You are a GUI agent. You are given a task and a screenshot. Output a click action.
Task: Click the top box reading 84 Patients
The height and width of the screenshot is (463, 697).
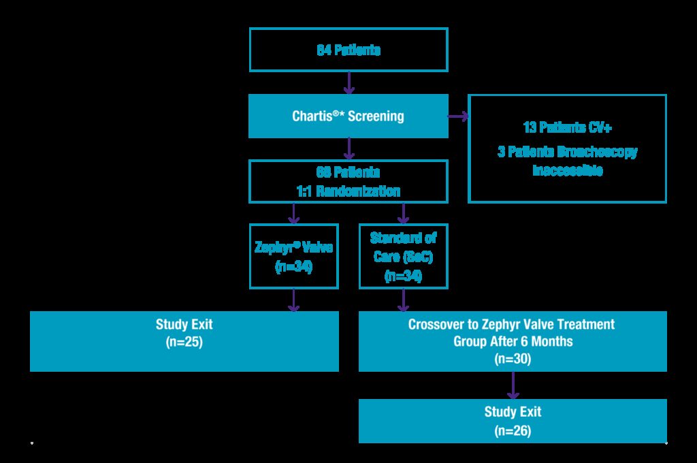tap(348, 50)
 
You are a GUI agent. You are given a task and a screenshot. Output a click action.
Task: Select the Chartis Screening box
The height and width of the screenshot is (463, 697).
tap(348, 116)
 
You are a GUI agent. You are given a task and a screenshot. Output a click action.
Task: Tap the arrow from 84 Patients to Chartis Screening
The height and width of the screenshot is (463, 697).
tap(348, 83)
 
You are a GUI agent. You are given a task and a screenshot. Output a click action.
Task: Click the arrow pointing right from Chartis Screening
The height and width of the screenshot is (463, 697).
tap(459, 116)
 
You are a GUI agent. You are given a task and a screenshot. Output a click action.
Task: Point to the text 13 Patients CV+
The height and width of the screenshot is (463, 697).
tap(567, 127)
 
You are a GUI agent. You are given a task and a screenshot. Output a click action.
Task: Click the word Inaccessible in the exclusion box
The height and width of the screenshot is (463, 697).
tap(567, 170)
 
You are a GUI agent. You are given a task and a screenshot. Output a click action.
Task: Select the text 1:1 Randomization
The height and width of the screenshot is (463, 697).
tap(348, 191)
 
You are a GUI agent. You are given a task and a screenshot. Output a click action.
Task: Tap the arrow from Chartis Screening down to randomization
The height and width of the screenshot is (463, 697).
tap(348, 148)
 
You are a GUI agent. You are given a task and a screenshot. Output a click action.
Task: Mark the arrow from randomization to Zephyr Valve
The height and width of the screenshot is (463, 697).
tap(294, 214)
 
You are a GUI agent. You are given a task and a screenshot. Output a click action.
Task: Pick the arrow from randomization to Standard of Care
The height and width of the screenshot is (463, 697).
tap(403, 214)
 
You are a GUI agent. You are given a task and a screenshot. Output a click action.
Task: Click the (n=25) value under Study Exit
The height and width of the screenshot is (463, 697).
tap(184, 342)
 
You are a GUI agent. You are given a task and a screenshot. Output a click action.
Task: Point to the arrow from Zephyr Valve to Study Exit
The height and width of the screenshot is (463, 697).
tap(294, 300)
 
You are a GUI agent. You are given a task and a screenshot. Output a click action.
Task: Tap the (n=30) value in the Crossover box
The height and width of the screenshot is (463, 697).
tap(513, 358)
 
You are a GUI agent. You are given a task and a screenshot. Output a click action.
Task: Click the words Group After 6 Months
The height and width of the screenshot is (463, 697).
tap(513, 341)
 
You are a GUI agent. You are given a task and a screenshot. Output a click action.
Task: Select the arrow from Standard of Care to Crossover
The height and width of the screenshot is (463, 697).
tap(403, 300)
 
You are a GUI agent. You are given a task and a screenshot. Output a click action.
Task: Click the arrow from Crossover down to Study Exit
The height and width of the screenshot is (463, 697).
tap(513, 385)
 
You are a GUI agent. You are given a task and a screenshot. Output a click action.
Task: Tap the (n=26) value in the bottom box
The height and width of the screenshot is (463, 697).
tap(513, 430)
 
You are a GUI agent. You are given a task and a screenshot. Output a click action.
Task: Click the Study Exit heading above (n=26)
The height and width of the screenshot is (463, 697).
tap(513, 412)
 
